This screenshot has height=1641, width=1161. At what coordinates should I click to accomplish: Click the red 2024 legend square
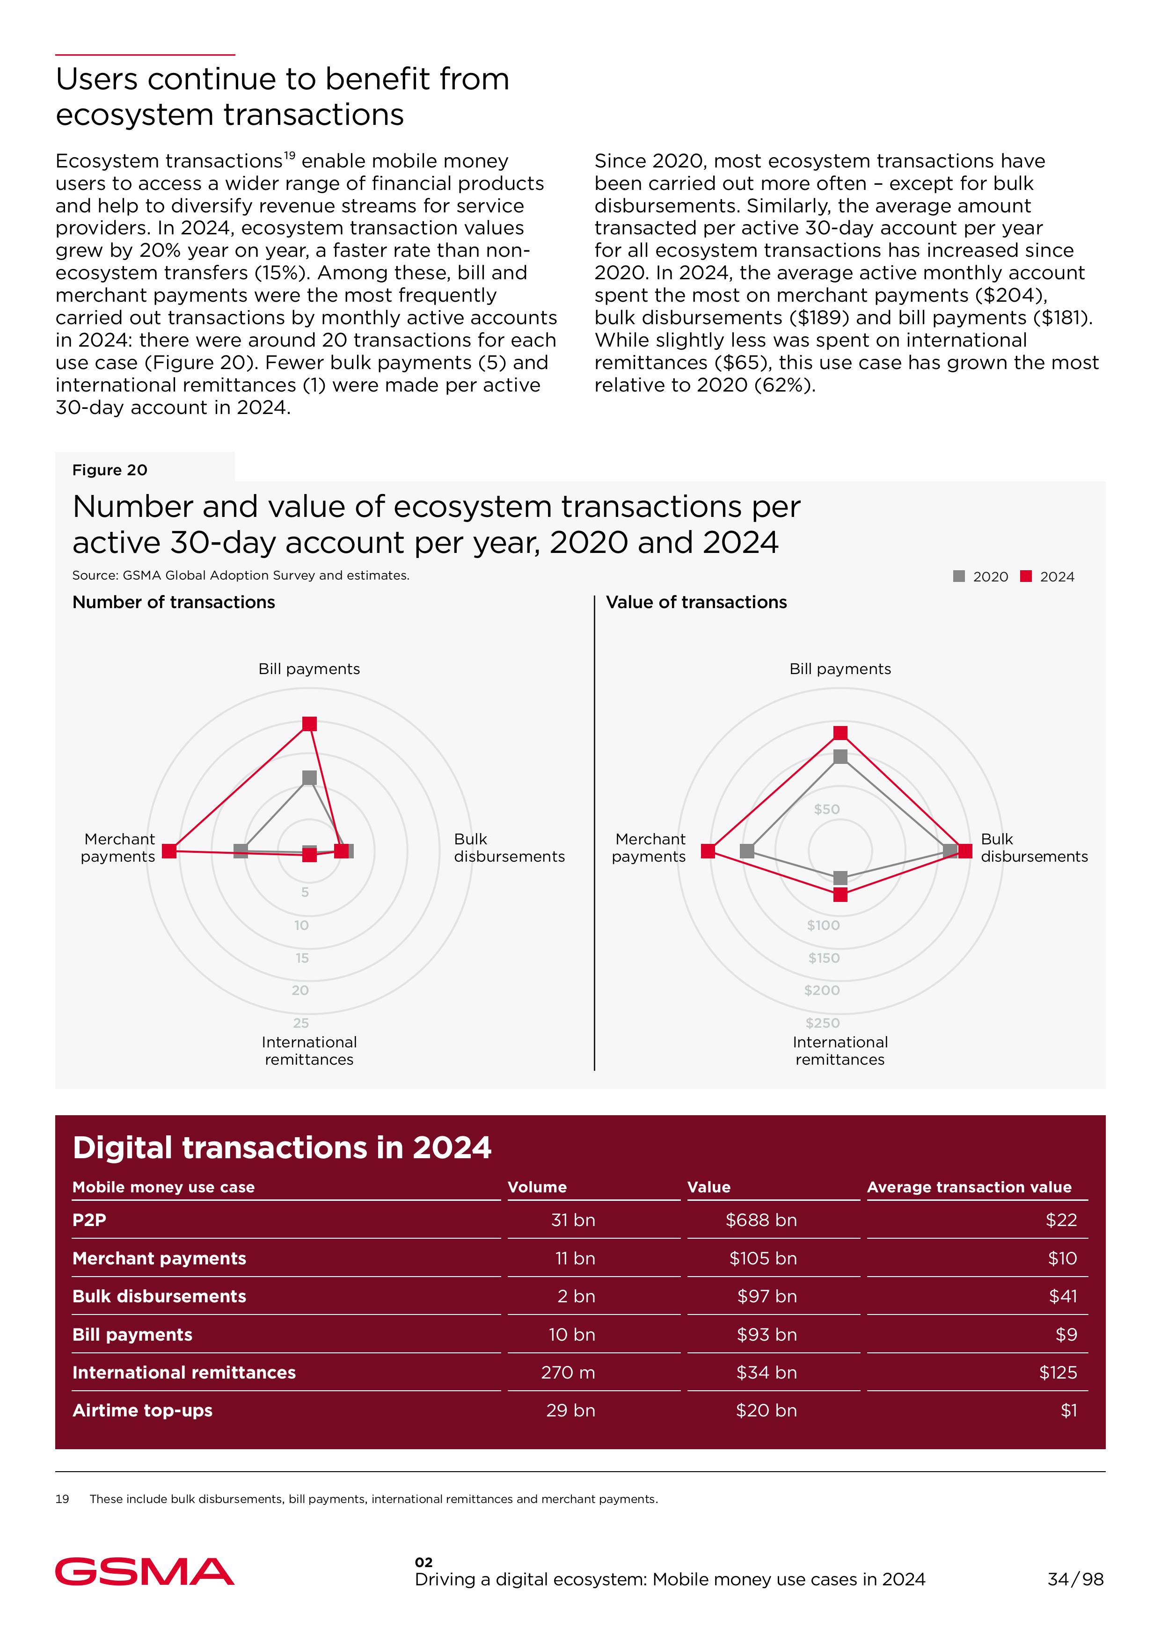[1026, 576]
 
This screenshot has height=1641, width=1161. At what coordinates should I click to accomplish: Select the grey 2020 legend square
[959, 576]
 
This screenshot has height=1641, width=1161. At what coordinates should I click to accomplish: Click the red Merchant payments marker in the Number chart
[169, 850]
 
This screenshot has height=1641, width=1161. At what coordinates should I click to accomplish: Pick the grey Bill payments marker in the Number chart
[309, 777]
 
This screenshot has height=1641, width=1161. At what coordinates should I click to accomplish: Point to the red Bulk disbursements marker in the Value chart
[965, 850]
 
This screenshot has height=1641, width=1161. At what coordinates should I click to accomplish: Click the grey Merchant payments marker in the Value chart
[747, 850]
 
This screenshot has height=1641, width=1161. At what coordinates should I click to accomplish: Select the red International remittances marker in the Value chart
[841, 894]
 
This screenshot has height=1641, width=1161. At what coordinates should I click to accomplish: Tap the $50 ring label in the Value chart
[827, 809]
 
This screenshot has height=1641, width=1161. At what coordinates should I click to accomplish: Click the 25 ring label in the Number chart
[301, 1023]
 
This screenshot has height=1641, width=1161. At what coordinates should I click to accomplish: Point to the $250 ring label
[823, 1023]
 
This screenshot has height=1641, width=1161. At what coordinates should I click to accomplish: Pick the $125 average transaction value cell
[1058, 1372]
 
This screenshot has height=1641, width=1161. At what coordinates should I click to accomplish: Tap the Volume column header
[537, 1187]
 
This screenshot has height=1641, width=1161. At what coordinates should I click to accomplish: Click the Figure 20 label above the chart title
[110, 470]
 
